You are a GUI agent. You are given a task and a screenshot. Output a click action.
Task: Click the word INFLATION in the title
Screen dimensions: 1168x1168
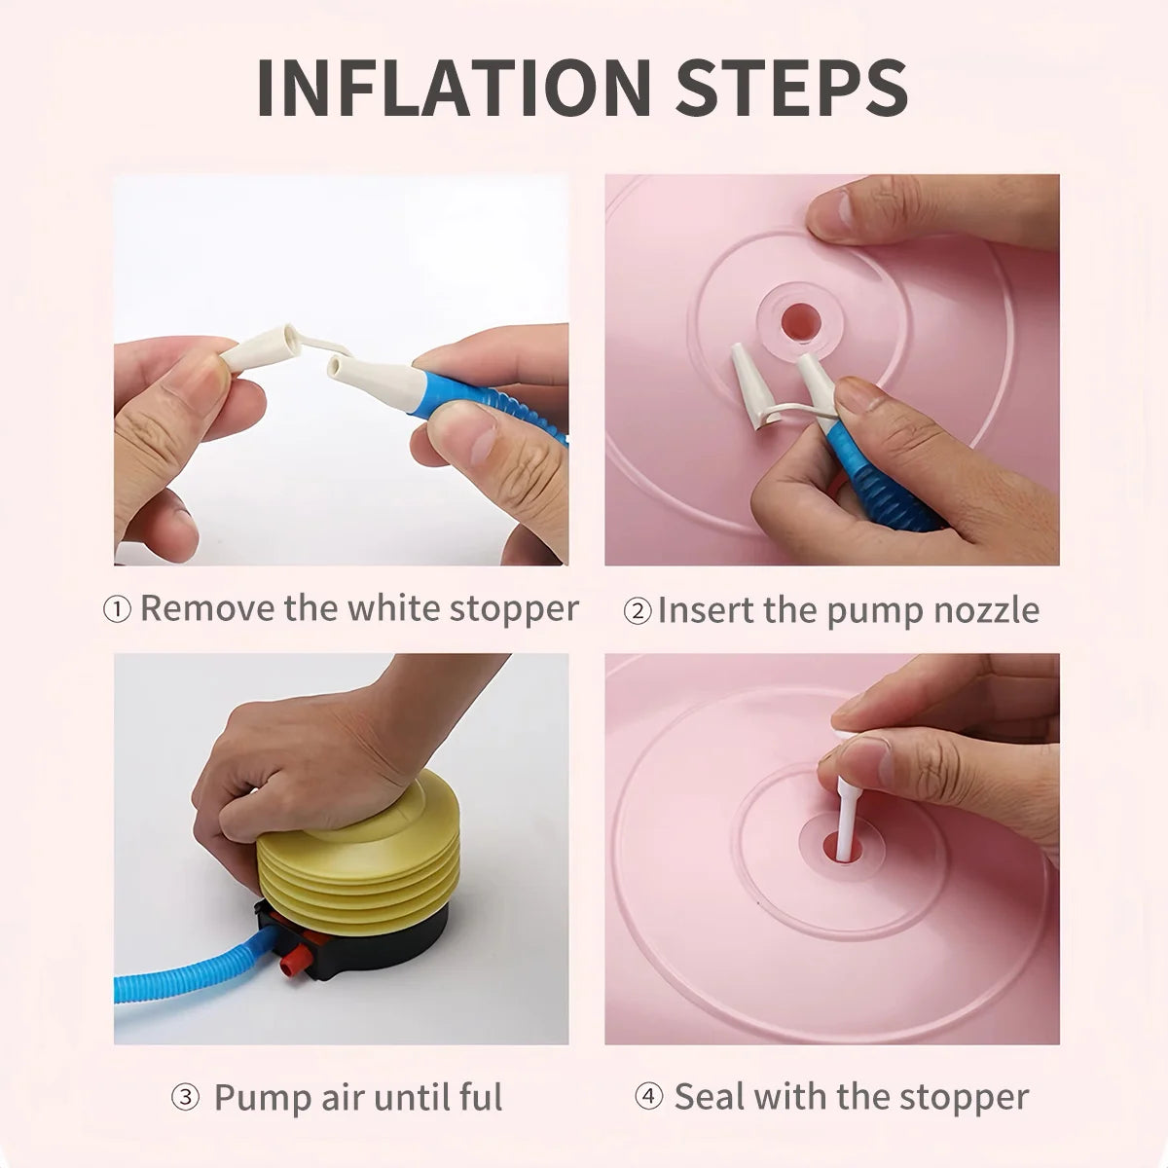[454, 87]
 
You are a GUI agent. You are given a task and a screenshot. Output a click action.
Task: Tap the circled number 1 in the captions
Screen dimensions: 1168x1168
[117, 609]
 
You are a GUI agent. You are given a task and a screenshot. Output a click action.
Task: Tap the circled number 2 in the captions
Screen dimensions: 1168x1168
[637, 611]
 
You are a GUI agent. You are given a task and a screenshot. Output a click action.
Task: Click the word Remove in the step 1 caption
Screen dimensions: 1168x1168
[207, 608]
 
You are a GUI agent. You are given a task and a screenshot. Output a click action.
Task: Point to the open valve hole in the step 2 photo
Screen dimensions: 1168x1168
[799, 321]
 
